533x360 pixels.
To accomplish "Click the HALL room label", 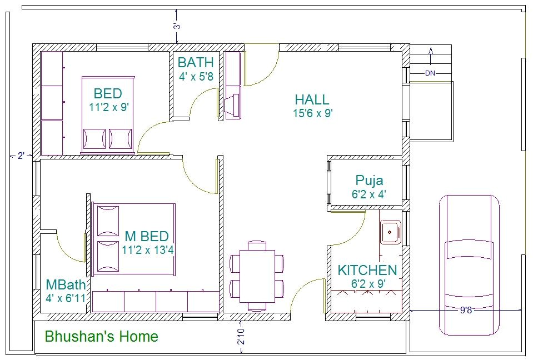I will coord(311,100).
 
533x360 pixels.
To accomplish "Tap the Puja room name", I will coord(369,181).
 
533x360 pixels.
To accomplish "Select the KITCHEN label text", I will coord(367,271).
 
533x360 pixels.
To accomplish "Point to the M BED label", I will coord(147,237).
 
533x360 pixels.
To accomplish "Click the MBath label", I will coord(66,285).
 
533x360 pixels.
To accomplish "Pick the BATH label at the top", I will coord(196,62).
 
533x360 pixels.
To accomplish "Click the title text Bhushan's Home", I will coord(101,337).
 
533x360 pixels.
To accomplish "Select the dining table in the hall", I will coord(257,275).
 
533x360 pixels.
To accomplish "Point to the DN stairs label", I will coord(430,73).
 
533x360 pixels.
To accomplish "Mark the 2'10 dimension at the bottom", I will coord(241,337).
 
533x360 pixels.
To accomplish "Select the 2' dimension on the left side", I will coord(21,156).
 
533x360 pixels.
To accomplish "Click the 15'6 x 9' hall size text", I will coord(312,113).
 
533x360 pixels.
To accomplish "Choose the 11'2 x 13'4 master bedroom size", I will coord(148,250).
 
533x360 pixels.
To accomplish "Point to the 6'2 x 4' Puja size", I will coord(369,194).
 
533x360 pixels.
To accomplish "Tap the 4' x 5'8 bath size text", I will coord(196,77).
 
